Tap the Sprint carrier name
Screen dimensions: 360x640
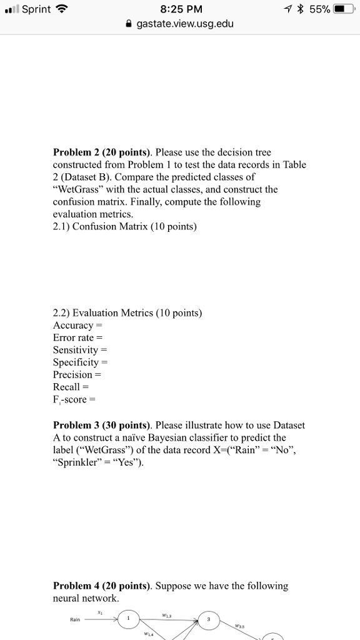click(36, 10)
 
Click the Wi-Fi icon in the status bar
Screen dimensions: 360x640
click(61, 10)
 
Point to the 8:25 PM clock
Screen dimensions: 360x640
click(181, 10)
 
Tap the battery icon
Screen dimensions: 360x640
click(344, 10)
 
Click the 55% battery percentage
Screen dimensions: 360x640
click(319, 10)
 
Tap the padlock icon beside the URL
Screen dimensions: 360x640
click(129, 25)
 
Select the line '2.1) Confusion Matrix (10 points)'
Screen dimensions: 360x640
click(125, 227)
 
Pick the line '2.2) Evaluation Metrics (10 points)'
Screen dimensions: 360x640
click(127, 312)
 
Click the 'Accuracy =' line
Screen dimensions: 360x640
click(77, 325)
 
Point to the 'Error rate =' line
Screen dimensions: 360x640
click(77, 337)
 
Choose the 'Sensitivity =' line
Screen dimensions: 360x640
click(81, 350)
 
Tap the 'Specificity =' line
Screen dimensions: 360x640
click(81, 362)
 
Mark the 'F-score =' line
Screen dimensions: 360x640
click(74, 399)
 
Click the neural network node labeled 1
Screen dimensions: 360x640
click(128, 619)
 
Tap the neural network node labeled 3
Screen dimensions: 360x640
click(209, 619)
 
